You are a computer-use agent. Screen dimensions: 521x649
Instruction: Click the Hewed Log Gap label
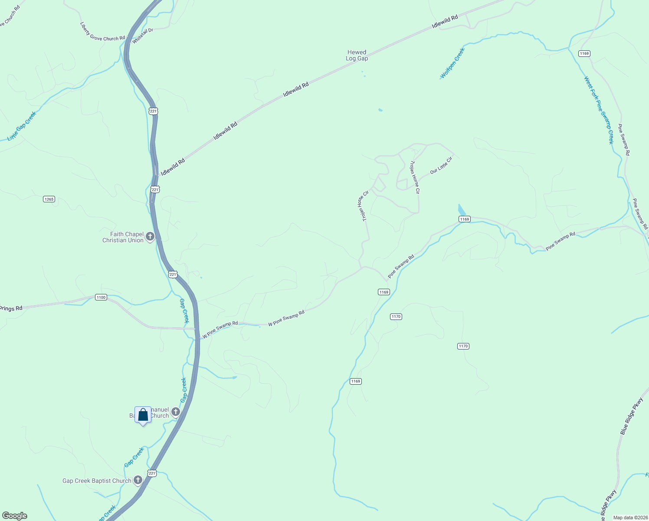coord(357,55)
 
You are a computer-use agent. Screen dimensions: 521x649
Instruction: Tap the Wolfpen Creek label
coord(452,63)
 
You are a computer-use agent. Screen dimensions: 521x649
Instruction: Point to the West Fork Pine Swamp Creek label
coord(599,110)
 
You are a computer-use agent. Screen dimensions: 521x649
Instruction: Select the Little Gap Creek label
coord(22,126)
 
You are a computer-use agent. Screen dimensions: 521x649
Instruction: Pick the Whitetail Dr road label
coord(143,36)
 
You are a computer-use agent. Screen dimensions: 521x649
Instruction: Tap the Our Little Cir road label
coord(441,165)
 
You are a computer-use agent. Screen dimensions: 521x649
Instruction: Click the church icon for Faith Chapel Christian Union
coord(150,237)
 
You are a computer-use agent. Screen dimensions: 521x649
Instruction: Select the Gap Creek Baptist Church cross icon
coord(138,480)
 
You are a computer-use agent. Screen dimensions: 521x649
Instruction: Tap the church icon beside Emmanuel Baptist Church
coord(176,412)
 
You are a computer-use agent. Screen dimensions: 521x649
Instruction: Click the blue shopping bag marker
coord(143,415)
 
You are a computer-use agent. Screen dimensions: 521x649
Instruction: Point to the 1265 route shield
coord(49,199)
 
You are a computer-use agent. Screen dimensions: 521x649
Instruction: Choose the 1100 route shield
coord(101,297)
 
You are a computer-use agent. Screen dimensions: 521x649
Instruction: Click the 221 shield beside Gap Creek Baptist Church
coord(152,473)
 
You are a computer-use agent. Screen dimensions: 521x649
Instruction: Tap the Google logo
coord(15,516)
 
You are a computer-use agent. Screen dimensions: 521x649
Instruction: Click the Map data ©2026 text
coord(629,518)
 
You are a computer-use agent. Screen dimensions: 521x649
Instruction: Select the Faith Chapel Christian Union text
coord(123,237)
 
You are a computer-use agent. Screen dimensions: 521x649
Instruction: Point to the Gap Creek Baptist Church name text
coord(97,481)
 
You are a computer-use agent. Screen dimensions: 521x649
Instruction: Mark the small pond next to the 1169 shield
coord(462,210)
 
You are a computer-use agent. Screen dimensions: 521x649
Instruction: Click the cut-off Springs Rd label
coord(10,309)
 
